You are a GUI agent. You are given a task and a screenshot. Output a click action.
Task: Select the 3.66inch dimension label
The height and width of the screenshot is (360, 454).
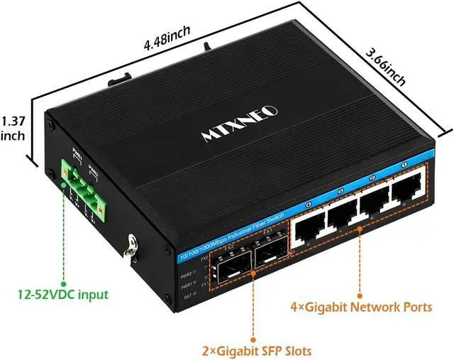point(386,67)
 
